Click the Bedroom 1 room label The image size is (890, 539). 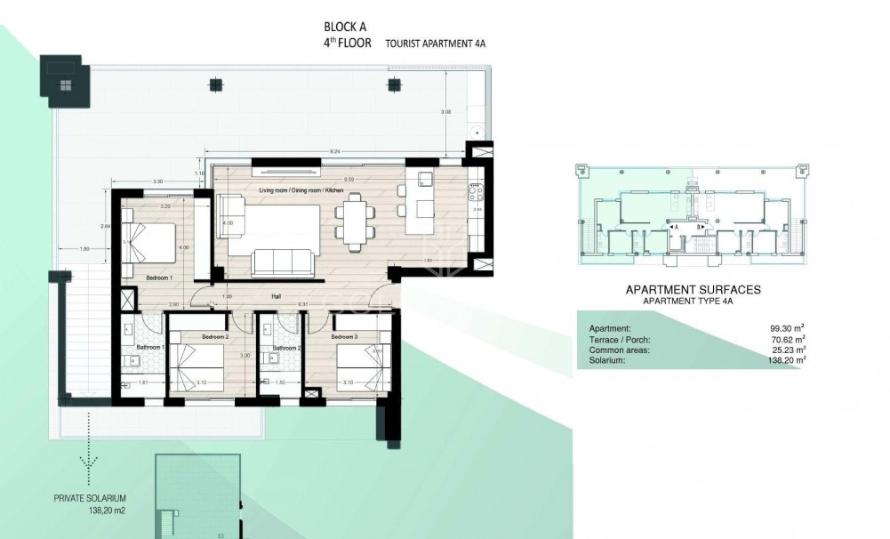point(159,278)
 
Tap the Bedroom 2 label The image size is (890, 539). point(215,337)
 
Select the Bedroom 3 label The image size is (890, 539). point(345,337)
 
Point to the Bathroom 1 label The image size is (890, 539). point(149,348)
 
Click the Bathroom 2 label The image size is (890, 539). point(286,348)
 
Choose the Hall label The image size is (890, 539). point(277,298)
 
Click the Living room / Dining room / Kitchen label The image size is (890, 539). point(303,191)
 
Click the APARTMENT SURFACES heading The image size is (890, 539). point(694,290)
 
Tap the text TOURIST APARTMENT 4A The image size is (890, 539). point(436,43)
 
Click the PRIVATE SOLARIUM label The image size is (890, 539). point(89,499)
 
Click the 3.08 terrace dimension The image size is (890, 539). point(446,111)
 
